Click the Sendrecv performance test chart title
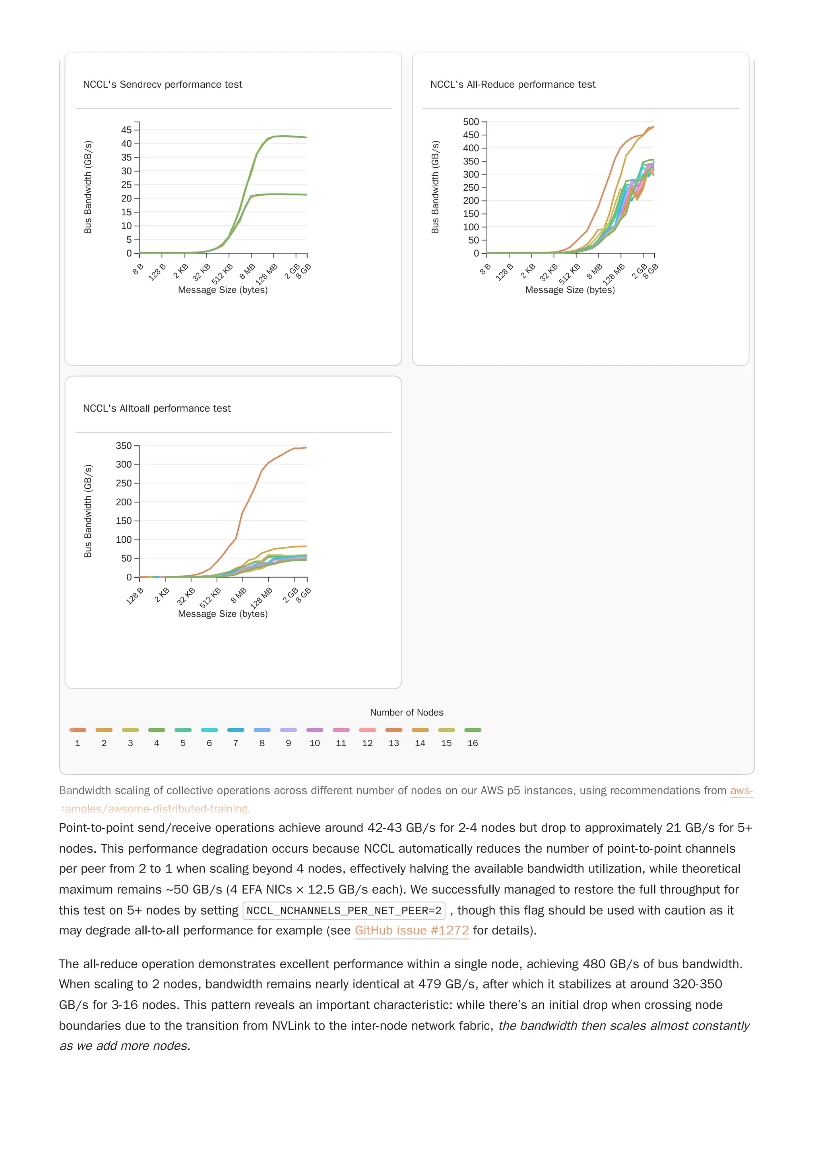pyautogui.click(x=162, y=84)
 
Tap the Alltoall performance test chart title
pyautogui.click(x=157, y=408)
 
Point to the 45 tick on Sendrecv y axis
pyautogui.click(x=126, y=130)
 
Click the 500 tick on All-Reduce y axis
pyautogui.click(x=471, y=122)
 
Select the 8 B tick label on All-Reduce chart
pyautogui.click(x=485, y=269)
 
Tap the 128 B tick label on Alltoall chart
pyautogui.click(x=134, y=596)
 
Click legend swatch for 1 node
pyautogui.click(x=78, y=730)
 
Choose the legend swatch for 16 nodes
pyautogui.click(x=473, y=730)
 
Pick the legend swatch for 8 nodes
pyautogui.click(x=262, y=730)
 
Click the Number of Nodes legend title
pyautogui.click(x=406, y=712)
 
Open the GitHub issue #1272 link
pyautogui.click(x=411, y=930)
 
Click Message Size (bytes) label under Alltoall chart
pyautogui.click(x=223, y=613)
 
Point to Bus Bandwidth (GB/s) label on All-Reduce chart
pyautogui.click(x=435, y=187)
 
